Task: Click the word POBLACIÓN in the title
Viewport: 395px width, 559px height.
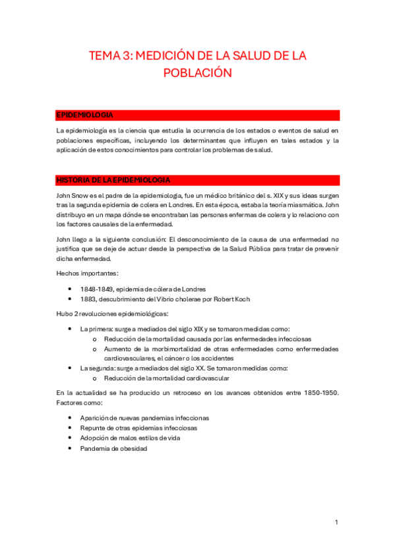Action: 198,73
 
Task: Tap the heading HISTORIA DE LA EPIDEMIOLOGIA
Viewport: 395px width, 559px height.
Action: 114,180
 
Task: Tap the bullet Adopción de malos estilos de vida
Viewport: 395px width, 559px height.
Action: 130,438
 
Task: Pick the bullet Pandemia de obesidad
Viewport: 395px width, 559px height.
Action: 113,448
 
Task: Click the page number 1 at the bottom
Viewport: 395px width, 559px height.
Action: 336,523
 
